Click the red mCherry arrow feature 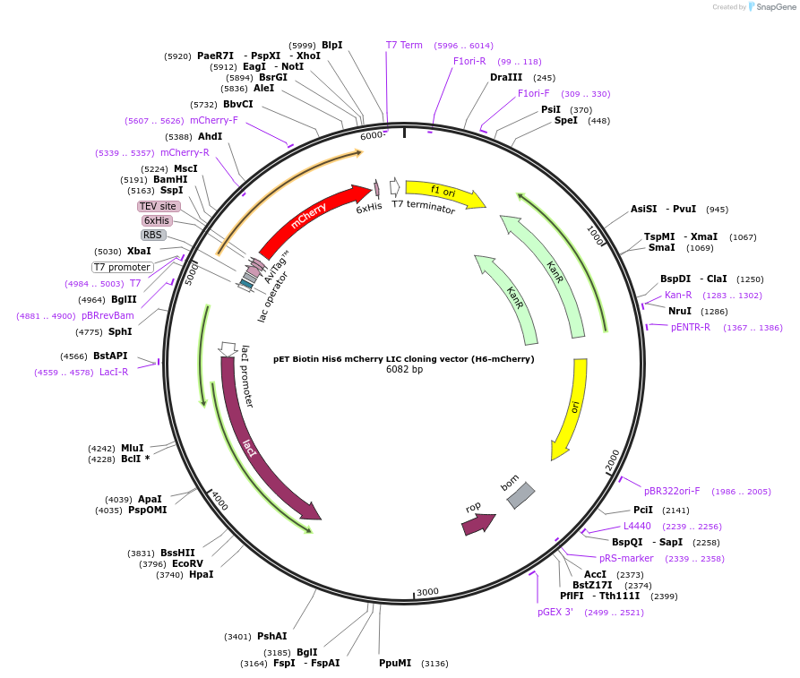coord(314,219)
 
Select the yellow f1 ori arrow coord(444,193)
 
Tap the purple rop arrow coord(478,523)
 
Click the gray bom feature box coord(520,495)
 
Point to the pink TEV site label coord(159,206)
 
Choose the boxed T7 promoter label coord(123,267)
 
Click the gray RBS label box coord(153,235)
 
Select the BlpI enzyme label coord(331,45)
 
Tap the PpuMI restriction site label coord(395,663)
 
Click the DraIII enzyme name coord(506,77)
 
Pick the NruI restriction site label coord(679,311)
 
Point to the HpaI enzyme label coord(201,574)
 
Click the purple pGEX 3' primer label coord(555,613)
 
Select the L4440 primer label coord(638,526)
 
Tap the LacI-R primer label coord(114,372)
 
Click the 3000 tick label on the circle coord(427,592)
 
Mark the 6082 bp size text coord(404,369)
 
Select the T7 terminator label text coord(424,208)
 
